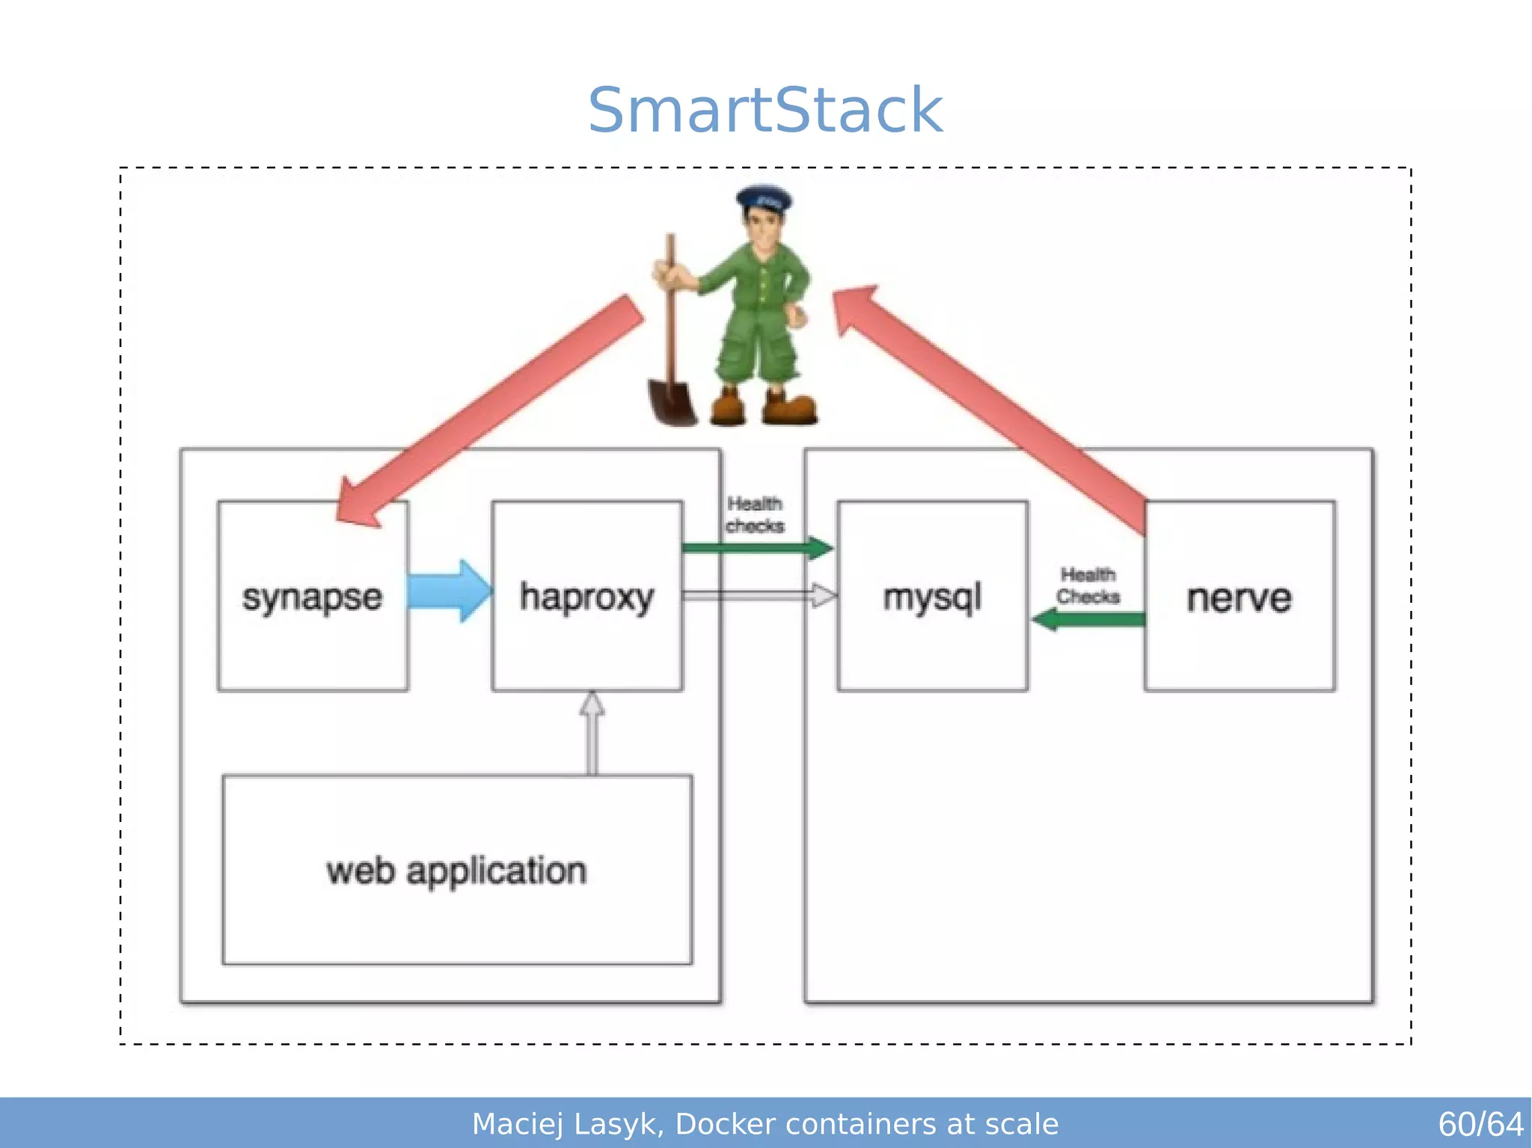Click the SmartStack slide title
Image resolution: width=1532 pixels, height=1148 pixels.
click(x=765, y=111)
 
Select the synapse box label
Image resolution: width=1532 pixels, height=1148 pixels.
click(x=312, y=598)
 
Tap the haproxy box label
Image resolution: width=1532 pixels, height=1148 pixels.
click(x=586, y=598)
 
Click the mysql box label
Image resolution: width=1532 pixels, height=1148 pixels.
click(x=931, y=598)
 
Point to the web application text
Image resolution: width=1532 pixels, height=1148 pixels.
click(x=456, y=871)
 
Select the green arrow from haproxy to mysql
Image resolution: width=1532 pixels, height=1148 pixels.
click(x=756, y=547)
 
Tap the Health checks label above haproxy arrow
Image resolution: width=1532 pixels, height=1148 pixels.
click(x=754, y=515)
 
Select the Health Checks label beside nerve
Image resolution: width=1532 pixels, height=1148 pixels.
click(x=1088, y=586)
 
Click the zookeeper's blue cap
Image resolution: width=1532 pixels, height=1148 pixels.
click(x=764, y=198)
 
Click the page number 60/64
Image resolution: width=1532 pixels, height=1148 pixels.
click(x=1480, y=1124)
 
